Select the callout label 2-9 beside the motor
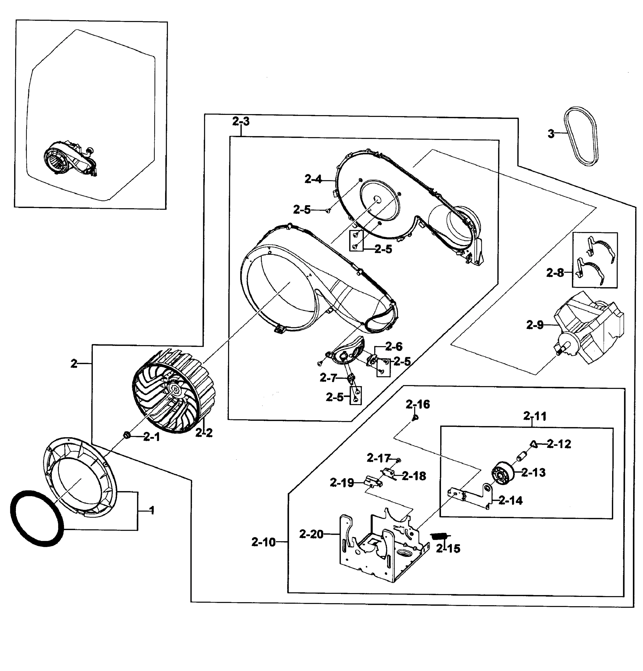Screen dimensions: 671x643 pos(535,325)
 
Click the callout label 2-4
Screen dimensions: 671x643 pos(313,179)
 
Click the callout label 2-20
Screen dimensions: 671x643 pos(311,533)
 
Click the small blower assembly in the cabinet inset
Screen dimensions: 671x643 pos(70,160)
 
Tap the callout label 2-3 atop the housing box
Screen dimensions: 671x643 pos(241,121)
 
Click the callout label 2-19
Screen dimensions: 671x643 pos(341,483)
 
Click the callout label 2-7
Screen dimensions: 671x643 pos(328,378)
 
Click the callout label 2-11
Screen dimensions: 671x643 pos(535,416)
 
